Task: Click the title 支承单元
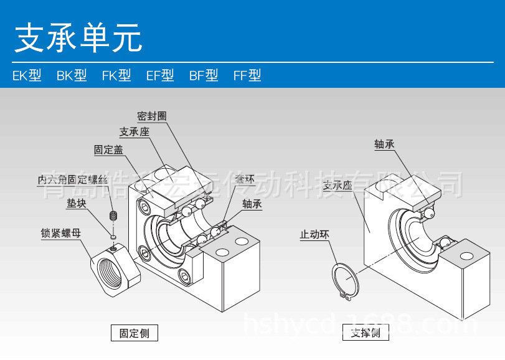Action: tap(78, 39)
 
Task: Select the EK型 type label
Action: tap(27, 76)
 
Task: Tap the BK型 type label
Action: tap(72, 76)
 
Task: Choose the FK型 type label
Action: tap(116, 76)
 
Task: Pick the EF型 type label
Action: tap(160, 76)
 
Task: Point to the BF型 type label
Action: tap(204, 76)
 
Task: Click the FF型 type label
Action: tap(247, 76)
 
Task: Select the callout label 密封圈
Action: tap(152, 116)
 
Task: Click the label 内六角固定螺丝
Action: tap(73, 180)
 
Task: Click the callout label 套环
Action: tap(245, 180)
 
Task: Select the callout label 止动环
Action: tap(315, 235)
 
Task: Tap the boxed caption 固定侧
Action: tap(134, 333)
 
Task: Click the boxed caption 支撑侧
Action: tap(366, 333)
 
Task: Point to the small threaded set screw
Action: tap(113, 217)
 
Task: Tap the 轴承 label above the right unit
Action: tap(385, 144)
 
